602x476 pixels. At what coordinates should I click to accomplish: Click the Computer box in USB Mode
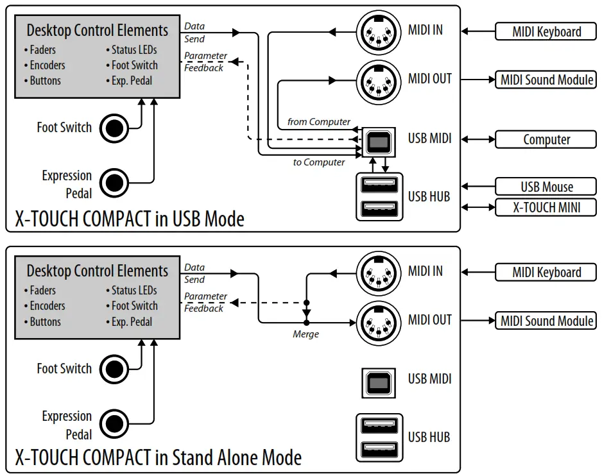tap(546, 139)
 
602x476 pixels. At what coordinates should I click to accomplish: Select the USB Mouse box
tap(546, 187)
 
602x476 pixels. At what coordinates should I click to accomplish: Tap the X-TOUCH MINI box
tap(546, 207)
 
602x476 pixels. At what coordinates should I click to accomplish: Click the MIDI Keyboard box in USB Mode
tap(546, 31)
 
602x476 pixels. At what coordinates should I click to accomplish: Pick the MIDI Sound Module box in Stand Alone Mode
tap(546, 321)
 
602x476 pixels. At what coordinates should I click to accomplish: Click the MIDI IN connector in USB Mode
tap(379, 33)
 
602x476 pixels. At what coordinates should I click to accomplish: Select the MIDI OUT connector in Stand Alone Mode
tap(379, 323)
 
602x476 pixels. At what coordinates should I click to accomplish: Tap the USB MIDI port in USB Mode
tap(379, 142)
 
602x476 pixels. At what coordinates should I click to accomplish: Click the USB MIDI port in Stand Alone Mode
tap(379, 383)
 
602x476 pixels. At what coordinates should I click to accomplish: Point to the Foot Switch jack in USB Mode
tap(114, 128)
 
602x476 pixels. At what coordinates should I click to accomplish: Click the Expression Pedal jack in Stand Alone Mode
tap(114, 424)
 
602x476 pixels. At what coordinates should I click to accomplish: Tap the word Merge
tap(305, 334)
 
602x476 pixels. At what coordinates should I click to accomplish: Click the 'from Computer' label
tap(319, 122)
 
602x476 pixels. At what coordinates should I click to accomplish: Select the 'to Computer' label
tap(319, 162)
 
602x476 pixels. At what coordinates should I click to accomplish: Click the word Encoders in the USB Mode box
tap(47, 65)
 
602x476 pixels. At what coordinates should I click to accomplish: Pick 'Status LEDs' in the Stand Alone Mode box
tap(134, 290)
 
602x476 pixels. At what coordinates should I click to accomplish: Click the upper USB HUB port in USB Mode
tap(379, 185)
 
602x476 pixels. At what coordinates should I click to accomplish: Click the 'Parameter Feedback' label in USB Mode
tap(205, 62)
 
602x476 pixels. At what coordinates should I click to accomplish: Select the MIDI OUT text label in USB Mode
tap(429, 79)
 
